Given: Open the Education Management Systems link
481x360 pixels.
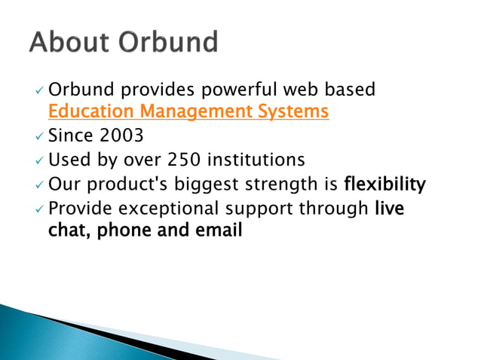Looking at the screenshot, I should (188, 112).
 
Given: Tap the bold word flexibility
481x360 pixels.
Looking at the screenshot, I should (384, 184).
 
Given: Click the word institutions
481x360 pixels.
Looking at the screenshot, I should (257, 160).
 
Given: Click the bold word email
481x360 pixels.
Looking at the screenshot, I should (219, 230).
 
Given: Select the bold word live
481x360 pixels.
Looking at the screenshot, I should (390, 208).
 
